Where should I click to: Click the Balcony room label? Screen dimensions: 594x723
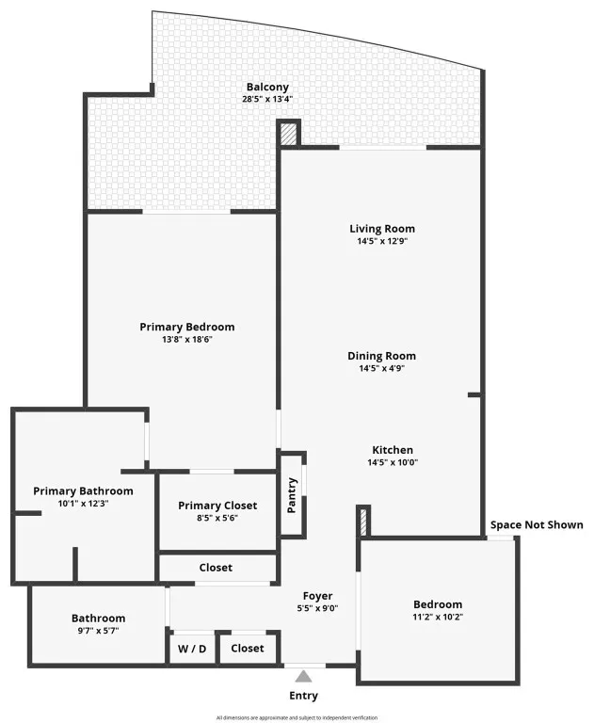coord(267,88)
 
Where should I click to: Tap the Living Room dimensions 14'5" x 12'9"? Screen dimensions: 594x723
coord(382,241)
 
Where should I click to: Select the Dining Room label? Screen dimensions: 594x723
coord(382,356)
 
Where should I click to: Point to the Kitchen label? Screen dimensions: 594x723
coord(393,450)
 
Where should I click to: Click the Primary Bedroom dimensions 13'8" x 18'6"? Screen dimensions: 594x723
coord(186,340)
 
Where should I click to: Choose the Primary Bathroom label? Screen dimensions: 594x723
coord(83,491)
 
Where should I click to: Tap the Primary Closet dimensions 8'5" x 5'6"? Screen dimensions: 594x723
coord(217,518)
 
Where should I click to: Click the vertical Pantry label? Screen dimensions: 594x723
coord(292,496)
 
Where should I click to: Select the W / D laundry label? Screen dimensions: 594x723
coord(192,649)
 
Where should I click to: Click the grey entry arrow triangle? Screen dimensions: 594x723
coord(303,677)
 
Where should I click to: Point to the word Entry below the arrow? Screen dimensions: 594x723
coord(303,696)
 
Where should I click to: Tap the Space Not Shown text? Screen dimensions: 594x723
coord(537,524)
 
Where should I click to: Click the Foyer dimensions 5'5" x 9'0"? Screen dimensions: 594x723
coord(318,608)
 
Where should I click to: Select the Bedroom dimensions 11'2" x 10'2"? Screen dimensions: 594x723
coord(438,617)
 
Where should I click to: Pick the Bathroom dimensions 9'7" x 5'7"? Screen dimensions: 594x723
coord(98,631)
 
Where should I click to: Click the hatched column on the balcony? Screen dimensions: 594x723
coord(289,134)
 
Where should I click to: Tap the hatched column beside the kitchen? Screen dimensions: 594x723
coord(363,522)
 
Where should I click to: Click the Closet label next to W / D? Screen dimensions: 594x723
coord(248,649)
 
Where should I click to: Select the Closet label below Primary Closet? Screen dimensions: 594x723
coord(216,568)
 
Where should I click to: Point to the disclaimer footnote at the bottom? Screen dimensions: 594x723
coord(297,717)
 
